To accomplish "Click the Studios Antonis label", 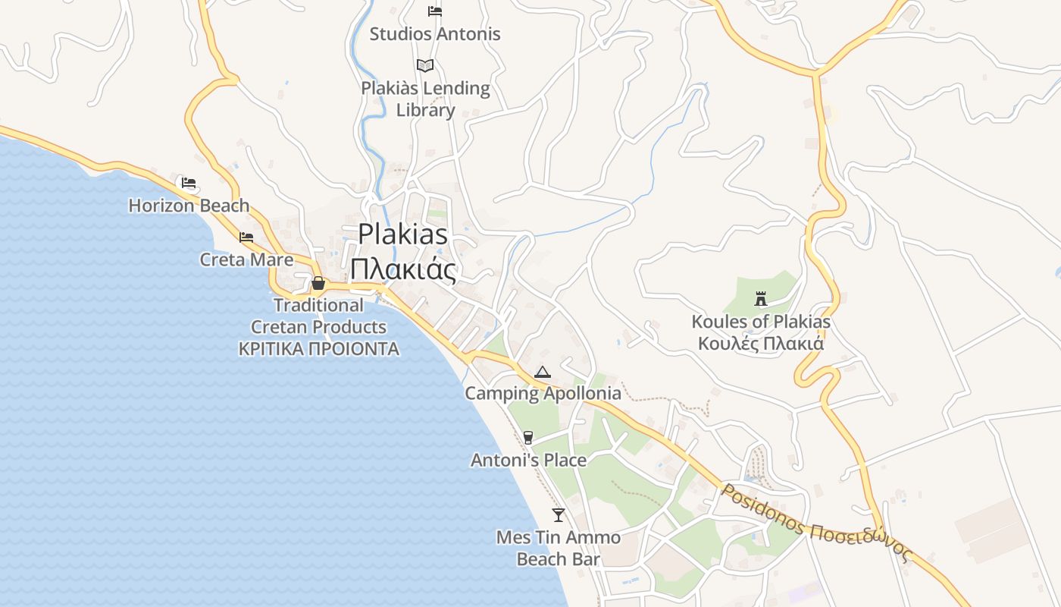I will (435, 34).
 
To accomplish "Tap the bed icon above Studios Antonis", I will (435, 11).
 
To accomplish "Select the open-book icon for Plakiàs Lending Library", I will (425, 65).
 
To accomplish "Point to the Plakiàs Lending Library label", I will (425, 99).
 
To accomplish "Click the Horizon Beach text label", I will (189, 206).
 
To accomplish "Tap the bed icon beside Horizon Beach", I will (189, 183).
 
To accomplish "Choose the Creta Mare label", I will (246, 259).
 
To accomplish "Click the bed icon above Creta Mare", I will (246, 237).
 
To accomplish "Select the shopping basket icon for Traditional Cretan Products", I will (318, 283).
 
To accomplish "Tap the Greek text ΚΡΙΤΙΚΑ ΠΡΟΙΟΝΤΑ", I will (318, 349).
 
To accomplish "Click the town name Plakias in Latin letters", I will (402, 233).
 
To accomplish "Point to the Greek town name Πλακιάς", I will (402, 269).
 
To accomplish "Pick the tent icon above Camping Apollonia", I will (542, 372).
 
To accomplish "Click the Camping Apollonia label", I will (543, 393).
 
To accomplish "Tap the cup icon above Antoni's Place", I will (528, 437).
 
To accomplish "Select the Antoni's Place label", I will (528, 460).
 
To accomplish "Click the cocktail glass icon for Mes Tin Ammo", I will (559, 515).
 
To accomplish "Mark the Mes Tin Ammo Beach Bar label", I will (559, 549).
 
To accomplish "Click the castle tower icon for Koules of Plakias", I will (761, 299).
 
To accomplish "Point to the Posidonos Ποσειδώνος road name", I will (814, 521).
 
